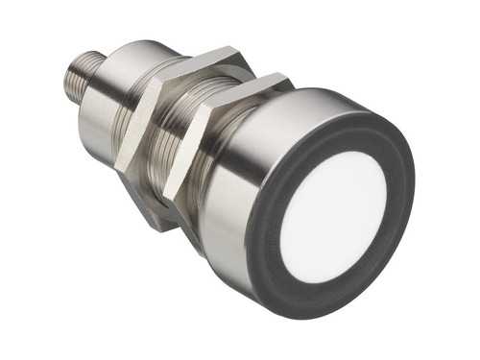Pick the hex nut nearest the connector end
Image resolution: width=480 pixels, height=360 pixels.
coord(144,125)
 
